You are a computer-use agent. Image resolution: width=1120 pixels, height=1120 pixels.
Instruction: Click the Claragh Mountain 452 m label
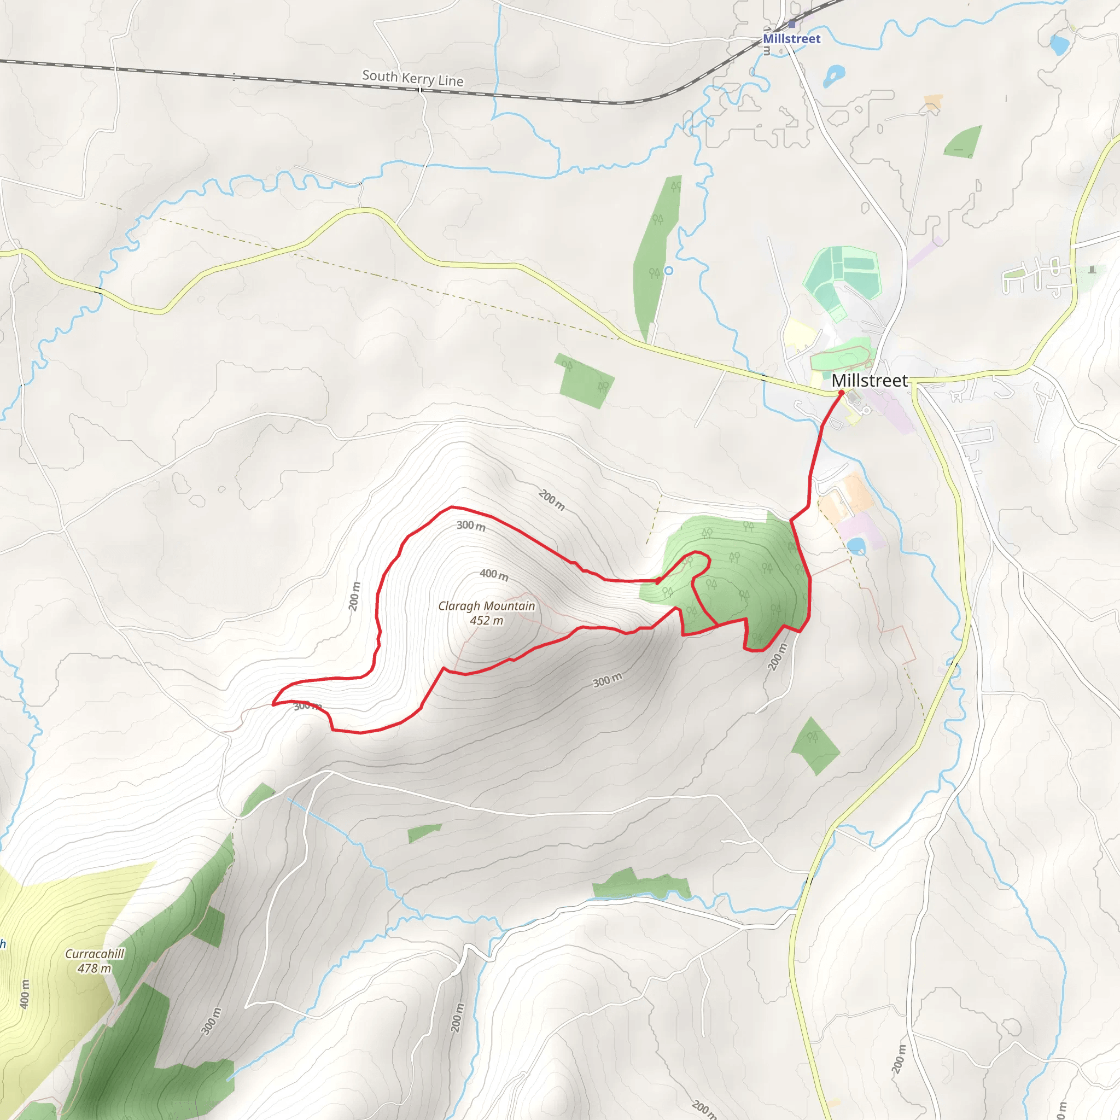[x=486, y=612]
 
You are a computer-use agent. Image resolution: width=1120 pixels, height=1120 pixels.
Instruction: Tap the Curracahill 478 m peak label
[x=95, y=960]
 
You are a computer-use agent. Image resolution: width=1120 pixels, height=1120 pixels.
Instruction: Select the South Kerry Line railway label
[x=413, y=78]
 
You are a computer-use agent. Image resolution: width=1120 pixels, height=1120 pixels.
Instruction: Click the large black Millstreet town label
[x=870, y=381]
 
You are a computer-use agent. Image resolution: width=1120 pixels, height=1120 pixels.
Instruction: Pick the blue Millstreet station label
[x=791, y=39]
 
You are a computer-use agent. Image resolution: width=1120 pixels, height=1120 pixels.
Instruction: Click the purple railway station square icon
[x=792, y=25]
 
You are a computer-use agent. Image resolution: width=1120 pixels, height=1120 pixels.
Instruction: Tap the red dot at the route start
[x=841, y=393]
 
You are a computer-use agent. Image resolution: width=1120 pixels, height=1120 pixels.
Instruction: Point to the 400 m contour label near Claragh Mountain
[x=494, y=575]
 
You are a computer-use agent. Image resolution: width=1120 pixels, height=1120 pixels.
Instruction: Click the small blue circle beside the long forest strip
[x=668, y=271]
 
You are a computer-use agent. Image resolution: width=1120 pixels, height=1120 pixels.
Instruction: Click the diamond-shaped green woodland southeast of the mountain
[x=815, y=746]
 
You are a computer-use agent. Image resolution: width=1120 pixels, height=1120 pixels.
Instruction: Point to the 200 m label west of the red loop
[x=354, y=596]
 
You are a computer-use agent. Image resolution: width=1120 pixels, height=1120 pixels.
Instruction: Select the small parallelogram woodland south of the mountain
[x=424, y=833]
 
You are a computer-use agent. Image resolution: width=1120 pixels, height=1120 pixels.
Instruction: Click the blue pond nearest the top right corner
[x=1060, y=44]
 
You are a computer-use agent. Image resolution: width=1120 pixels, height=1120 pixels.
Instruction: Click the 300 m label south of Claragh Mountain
[x=607, y=680]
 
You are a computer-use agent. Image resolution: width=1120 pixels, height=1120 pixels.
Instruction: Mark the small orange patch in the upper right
[x=933, y=103]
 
